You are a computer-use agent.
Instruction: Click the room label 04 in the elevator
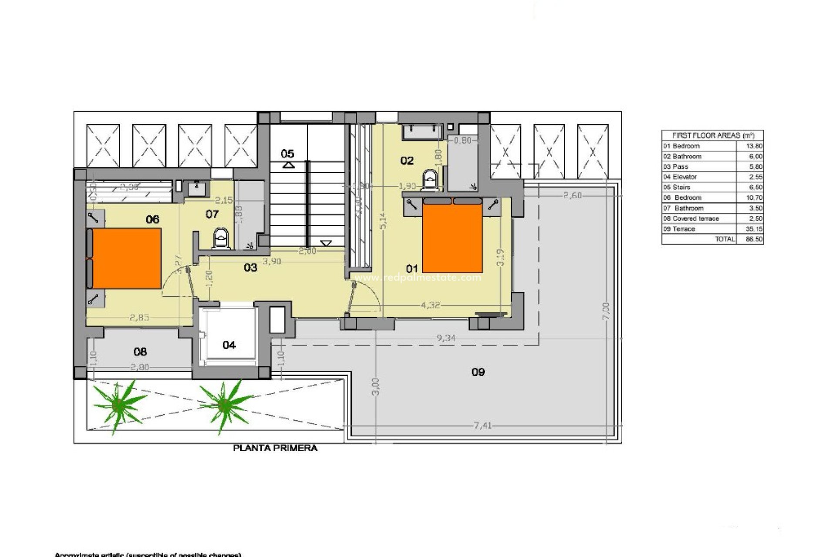click(x=229, y=345)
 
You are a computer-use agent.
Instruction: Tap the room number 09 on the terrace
click(x=478, y=372)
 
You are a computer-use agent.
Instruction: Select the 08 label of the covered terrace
click(x=140, y=352)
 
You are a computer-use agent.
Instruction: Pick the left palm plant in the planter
click(x=118, y=405)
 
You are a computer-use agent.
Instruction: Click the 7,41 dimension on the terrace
click(x=482, y=426)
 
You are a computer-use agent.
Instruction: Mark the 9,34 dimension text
click(x=445, y=338)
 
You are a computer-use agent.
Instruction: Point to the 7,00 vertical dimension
click(x=607, y=311)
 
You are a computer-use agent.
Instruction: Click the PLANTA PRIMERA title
click(x=275, y=448)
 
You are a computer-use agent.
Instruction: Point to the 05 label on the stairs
click(x=287, y=154)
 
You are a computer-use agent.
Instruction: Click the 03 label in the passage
click(x=250, y=267)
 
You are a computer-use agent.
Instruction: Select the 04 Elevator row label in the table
click(x=680, y=177)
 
